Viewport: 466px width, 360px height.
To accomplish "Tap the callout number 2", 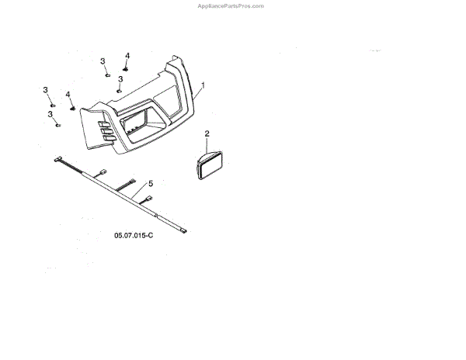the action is [207, 133].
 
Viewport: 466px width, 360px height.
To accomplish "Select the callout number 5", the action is [151, 183].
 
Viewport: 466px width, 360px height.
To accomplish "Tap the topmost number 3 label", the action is [103, 61].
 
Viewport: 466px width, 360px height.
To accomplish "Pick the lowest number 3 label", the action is [50, 114].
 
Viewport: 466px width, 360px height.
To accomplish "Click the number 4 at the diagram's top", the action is [127, 55].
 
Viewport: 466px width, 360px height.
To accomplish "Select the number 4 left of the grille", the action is [68, 95].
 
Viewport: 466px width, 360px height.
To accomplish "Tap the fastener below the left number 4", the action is [73, 108].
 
